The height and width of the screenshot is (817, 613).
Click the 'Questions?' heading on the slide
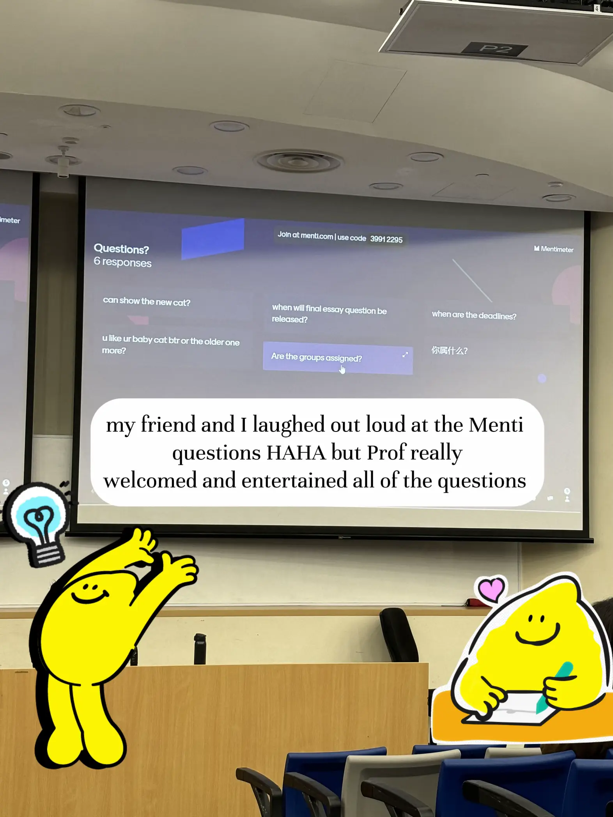click(121, 249)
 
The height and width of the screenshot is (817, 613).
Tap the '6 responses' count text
click(122, 262)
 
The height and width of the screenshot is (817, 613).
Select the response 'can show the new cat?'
click(147, 301)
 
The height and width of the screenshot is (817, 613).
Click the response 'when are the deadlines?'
click(474, 315)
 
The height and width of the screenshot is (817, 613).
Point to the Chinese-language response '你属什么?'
click(449, 350)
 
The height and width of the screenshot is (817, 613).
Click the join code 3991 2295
click(386, 239)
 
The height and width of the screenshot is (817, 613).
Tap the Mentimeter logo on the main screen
click(553, 249)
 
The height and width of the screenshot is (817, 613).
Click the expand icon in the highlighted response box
click(405, 354)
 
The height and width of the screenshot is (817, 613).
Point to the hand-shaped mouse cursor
click(342, 369)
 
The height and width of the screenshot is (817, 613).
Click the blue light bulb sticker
click(39, 522)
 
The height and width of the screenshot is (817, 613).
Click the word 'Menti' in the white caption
click(496, 425)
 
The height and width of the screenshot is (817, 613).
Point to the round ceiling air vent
click(299, 161)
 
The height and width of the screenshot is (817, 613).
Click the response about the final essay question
click(329, 314)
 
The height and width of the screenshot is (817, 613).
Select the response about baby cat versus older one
click(170, 345)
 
